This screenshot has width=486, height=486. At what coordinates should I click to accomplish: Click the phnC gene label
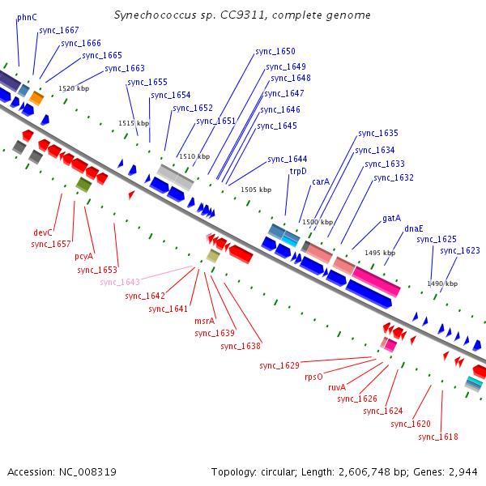(x=27, y=17)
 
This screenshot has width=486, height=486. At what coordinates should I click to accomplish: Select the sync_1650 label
(x=275, y=51)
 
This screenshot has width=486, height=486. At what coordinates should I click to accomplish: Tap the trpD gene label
(x=298, y=171)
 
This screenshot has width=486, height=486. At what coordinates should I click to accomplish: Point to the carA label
(x=321, y=181)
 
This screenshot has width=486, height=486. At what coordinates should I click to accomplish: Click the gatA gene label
(x=391, y=218)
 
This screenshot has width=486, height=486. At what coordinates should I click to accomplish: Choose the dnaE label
(x=413, y=228)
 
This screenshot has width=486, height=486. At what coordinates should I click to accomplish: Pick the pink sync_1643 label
(x=120, y=282)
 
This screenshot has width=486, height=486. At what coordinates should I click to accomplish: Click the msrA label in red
(x=205, y=321)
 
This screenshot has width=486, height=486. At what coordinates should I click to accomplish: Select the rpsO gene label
(x=313, y=377)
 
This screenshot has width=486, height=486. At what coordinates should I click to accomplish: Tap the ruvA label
(x=337, y=387)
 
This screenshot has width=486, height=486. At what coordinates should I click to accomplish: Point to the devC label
(x=42, y=232)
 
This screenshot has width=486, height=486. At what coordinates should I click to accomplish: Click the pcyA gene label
(x=83, y=257)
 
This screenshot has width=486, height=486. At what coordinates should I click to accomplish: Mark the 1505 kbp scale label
(x=256, y=190)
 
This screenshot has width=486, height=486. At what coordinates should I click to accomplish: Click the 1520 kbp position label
(x=74, y=88)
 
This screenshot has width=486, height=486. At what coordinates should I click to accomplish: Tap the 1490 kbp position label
(x=442, y=283)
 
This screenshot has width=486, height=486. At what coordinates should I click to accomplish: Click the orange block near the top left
(x=36, y=98)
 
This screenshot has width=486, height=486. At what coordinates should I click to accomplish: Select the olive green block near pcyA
(x=84, y=185)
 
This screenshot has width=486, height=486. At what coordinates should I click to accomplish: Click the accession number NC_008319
(x=87, y=472)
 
